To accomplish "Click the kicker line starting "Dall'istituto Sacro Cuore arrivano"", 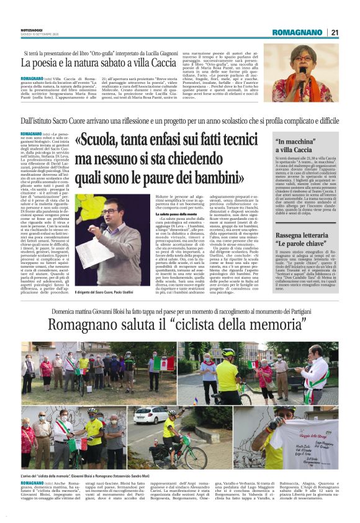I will click(180, 121).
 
